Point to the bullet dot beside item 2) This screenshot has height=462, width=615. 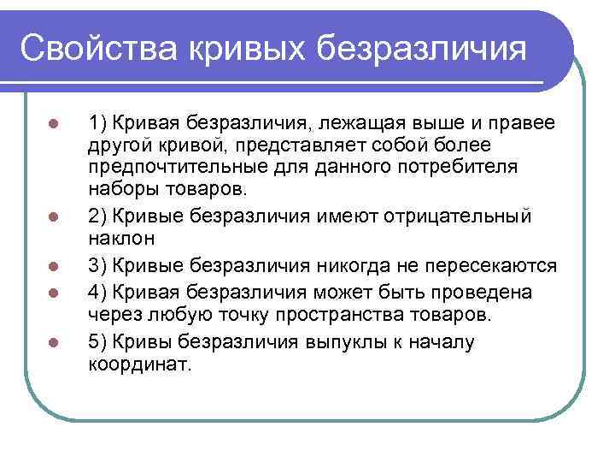(52, 216)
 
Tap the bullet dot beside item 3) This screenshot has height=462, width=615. (52, 266)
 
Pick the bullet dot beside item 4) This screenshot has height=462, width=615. (52, 292)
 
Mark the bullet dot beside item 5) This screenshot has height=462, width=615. (52, 341)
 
